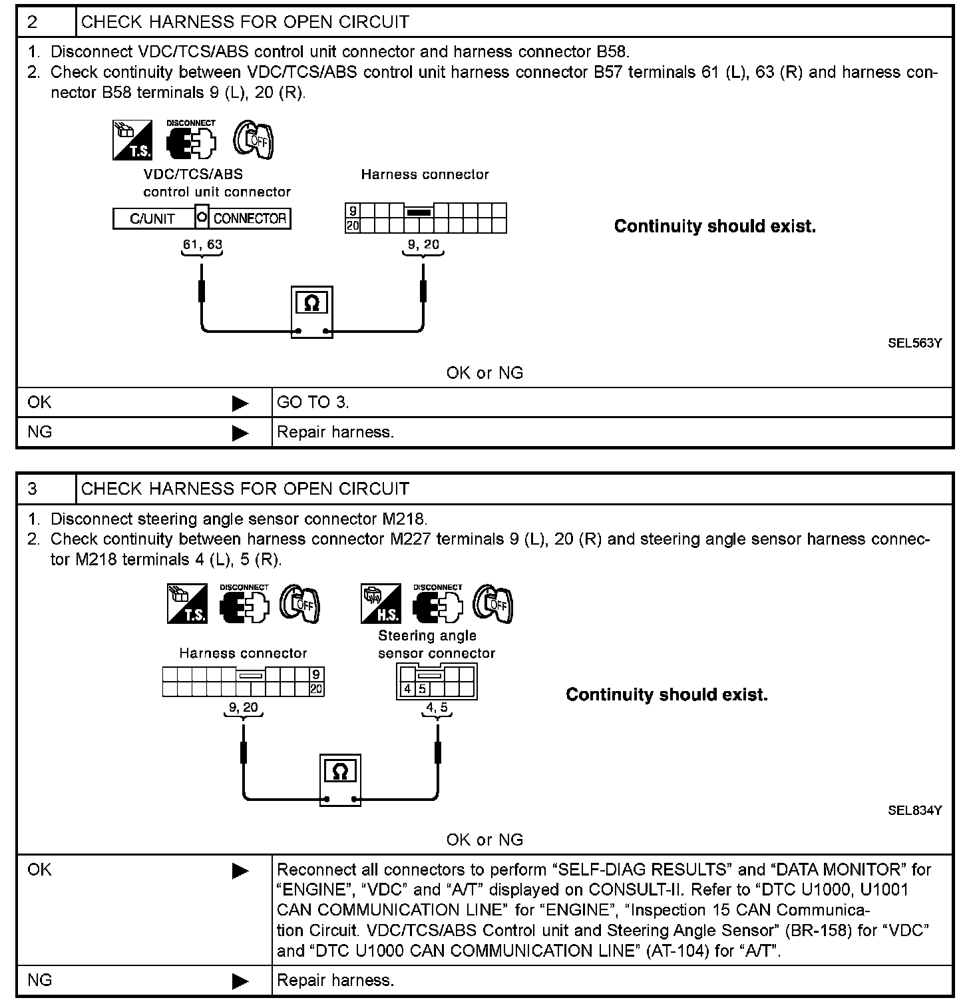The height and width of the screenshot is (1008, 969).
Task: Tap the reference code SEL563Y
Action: pos(914,344)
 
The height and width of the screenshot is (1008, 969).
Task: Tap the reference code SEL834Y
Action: pos(914,811)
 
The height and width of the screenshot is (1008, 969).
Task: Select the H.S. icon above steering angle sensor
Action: pos(380,604)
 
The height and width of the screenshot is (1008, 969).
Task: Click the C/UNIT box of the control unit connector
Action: pos(153,218)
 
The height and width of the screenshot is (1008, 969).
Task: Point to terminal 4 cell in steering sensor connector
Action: pos(407,688)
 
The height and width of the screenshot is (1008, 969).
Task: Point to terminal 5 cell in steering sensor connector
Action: pos(422,688)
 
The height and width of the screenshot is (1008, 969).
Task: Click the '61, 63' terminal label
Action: pos(202,244)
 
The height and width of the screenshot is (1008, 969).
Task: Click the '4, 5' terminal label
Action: pos(437,708)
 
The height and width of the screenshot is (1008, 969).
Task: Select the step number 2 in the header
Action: pos(33,22)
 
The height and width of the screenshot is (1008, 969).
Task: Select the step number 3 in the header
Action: pos(33,489)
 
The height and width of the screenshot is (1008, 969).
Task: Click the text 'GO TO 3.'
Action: pos(313,402)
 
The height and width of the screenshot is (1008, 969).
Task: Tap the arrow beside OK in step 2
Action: pos(240,403)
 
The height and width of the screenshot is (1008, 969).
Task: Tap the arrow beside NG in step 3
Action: pos(240,981)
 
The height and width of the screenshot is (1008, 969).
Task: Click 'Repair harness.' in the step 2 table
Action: pos(335,432)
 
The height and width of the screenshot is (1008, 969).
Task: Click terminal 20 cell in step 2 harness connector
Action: pos(352,226)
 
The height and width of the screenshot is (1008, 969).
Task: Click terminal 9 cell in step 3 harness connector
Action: pos(316,674)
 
